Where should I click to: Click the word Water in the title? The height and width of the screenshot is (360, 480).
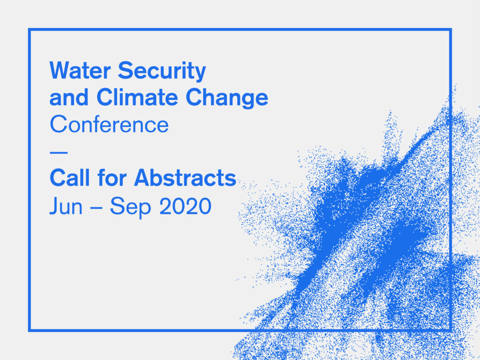80,70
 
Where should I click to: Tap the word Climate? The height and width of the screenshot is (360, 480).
137,97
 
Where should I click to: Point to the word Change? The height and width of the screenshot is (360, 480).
227,98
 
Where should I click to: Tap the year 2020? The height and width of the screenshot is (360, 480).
186,206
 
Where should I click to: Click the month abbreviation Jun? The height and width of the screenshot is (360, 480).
66,206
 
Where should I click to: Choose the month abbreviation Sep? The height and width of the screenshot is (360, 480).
130,207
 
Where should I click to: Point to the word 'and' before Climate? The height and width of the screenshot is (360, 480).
69,97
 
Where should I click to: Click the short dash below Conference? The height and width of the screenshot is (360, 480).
59,152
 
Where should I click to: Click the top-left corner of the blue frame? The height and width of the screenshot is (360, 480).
30,30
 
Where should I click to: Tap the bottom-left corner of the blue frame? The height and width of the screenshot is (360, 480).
30,330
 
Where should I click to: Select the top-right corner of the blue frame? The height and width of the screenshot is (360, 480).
450,30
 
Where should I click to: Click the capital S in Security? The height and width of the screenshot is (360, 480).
126,70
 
